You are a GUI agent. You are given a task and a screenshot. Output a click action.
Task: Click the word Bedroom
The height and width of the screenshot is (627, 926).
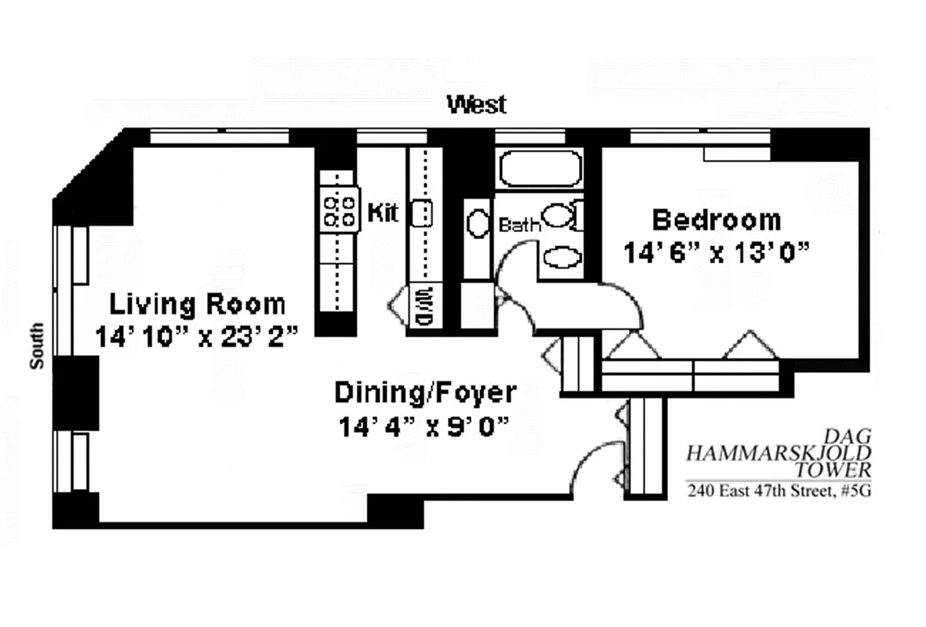point(716,219)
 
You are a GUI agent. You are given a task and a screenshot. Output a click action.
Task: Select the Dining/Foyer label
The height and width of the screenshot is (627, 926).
point(425,392)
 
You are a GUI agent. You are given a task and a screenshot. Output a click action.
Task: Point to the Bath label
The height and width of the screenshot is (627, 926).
point(520,226)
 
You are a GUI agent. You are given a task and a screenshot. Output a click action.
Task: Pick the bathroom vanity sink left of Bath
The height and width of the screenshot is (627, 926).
point(477,223)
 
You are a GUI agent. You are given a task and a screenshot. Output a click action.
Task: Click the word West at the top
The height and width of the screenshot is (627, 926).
point(476,104)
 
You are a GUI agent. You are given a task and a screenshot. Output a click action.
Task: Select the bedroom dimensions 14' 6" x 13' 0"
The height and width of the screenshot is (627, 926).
point(716,253)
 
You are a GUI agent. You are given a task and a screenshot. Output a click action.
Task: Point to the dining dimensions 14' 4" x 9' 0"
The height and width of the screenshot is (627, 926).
point(425,427)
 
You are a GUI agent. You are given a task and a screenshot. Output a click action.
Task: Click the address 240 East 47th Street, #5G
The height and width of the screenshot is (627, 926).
point(779,492)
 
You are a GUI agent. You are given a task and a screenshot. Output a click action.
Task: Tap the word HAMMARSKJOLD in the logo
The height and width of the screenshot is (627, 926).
point(779,452)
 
